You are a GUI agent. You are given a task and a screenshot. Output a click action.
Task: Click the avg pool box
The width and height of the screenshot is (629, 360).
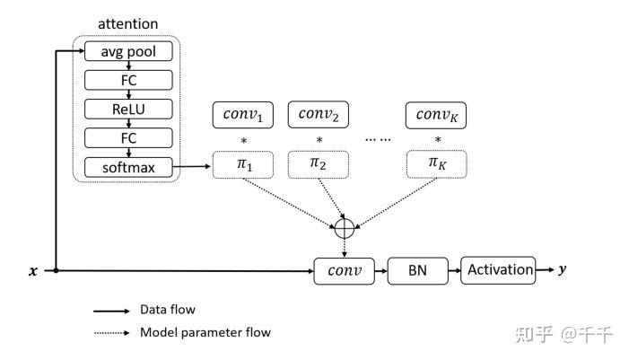[x=127, y=51]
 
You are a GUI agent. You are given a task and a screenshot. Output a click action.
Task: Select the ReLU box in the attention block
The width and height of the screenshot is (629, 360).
[x=127, y=109]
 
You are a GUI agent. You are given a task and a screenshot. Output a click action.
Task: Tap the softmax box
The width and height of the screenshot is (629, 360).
[x=127, y=166]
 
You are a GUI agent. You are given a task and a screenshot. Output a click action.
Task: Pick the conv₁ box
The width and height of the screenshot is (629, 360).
[x=241, y=115]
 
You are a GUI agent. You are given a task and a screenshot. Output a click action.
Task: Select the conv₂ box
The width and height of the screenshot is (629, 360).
[x=317, y=115]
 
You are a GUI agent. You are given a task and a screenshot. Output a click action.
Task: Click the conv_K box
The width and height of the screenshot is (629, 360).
[x=437, y=115]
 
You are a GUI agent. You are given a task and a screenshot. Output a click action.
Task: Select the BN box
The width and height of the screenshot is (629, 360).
[x=417, y=270]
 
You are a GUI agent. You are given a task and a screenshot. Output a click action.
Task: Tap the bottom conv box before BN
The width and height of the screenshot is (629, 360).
[x=342, y=270]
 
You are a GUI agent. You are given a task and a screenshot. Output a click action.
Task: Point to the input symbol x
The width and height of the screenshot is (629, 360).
[x=32, y=270]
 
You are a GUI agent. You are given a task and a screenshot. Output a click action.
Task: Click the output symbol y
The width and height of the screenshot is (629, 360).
[x=563, y=269]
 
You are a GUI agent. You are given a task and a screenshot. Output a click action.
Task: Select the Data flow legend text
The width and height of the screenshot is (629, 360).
[x=168, y=310]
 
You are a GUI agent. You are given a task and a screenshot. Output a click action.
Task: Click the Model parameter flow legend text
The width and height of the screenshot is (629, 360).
[x=205, y=332]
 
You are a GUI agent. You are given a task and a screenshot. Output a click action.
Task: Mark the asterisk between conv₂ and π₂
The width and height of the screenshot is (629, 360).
[x=317, y=141]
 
